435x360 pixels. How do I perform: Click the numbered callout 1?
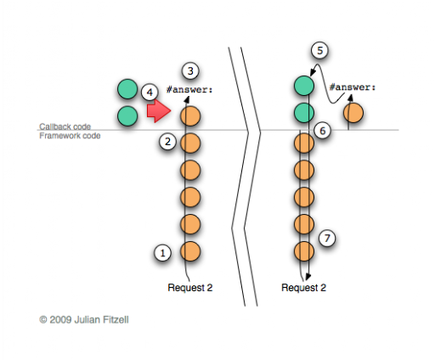[x=162, y=252]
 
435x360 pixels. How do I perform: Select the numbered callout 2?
[x=167, y=141]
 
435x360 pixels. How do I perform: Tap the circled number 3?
[x=190, y=70]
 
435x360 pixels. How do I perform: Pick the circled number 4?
[x=150, y=92]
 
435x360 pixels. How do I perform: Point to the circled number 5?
[x=319, y=50]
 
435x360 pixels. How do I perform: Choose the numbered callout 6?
[x=323, y=131]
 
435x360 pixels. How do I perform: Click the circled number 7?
[x=327, y=238]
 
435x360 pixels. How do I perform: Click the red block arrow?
[x=159, y=110]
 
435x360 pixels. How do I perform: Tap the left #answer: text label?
[x=189, y=90]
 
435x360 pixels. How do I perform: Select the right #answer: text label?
[x=353, y=87]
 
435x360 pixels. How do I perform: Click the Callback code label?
[x=65, y=127]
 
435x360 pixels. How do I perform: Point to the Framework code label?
[x=70, y=136]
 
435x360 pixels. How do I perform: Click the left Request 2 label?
[x=190, y=288]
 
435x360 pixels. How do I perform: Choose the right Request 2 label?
[x=303, y=288]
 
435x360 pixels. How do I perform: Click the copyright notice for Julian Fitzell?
[x=84, y=320]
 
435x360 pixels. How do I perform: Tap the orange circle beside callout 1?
[x=190, y=251]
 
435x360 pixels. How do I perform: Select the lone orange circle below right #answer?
[x=353, y=113]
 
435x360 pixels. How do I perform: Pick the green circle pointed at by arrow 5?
[x=304, y=86]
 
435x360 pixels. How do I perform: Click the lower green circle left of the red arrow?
[x=127, y=116]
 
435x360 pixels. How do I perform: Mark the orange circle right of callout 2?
[x=190, y=143]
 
